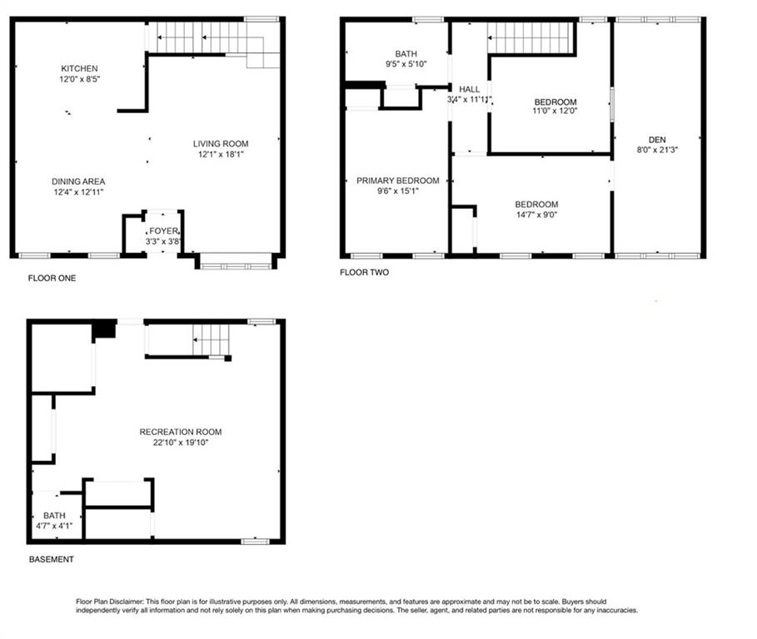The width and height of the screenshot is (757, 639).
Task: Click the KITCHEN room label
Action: click(79, 68)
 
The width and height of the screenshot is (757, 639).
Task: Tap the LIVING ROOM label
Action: click(221, 144)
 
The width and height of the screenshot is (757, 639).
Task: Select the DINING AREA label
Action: click(78, 181)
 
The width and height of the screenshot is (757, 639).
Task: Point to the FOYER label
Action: click(163, 231)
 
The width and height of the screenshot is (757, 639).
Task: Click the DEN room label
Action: click(657, 140)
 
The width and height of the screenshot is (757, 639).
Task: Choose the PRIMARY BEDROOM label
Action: click(398, 181)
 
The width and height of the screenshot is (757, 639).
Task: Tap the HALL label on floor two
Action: click(469, 89)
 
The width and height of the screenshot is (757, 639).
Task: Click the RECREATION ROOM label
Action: click(181, 432)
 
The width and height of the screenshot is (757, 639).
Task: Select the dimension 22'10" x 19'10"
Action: click(181, 443)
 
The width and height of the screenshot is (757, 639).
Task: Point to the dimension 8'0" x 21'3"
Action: click(657, 150)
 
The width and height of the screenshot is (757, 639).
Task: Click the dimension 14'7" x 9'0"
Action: click(536, 215)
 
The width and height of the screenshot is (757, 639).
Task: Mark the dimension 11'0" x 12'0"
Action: click(555, 111)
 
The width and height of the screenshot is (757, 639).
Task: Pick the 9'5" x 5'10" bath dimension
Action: click(406, 64)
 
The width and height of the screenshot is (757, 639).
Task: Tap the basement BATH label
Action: click(54, 516)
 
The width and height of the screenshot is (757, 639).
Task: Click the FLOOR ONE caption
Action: click(52, 278)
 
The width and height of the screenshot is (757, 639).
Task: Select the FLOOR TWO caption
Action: click(364, 272)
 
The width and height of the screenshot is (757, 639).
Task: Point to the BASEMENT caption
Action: click(51, 559)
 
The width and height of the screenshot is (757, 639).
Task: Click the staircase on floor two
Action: click(530, 37)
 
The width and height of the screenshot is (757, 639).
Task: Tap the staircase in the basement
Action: click(211, 339)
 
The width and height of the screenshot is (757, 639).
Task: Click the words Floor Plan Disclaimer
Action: click(110, 602)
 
